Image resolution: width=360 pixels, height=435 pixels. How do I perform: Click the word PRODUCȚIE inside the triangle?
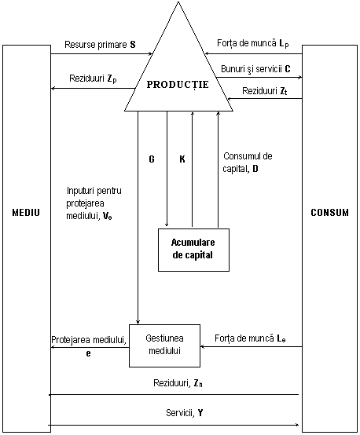(178, 85)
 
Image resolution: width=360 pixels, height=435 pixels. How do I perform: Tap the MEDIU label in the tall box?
(26, 213)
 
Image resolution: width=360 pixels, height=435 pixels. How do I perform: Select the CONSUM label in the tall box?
(329, 213)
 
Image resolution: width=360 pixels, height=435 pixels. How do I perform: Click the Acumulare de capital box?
(193, 250)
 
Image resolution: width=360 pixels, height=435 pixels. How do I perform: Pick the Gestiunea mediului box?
(164, 345)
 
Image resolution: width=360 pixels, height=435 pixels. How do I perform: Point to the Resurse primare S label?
(100, 45)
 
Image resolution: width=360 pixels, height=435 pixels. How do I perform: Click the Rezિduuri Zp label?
(93, 79)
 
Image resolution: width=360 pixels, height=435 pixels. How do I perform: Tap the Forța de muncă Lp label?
(253, 43)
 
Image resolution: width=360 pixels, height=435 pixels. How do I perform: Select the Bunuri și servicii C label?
(255, 69)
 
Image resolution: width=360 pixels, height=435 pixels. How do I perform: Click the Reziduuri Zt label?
(264, 91)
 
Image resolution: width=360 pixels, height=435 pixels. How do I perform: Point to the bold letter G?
(152, 159)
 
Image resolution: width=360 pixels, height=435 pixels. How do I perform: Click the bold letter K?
(182, 159)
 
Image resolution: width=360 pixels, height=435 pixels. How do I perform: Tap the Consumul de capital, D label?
(248, 163)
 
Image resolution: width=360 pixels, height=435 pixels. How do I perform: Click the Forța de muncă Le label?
(250, 338)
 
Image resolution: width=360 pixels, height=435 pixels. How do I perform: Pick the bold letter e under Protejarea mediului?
(88, 353)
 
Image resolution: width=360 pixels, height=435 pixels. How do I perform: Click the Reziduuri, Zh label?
(178, 383)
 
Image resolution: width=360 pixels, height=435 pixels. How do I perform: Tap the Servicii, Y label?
(185, 413)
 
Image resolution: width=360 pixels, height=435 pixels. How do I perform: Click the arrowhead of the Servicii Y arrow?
(297, 425)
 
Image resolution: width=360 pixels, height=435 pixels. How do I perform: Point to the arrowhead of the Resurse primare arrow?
(151, 54)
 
